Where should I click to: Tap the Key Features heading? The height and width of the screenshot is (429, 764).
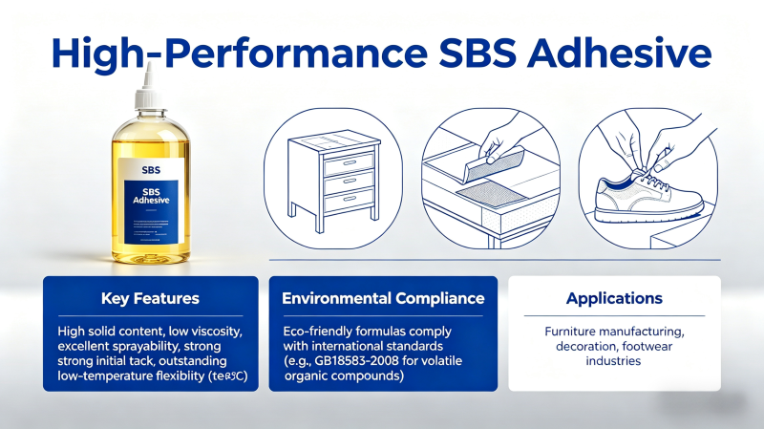pos(150,299)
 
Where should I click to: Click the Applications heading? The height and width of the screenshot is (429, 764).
pos(614,299)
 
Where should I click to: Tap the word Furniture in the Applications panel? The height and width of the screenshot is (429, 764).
pos(564,332)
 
